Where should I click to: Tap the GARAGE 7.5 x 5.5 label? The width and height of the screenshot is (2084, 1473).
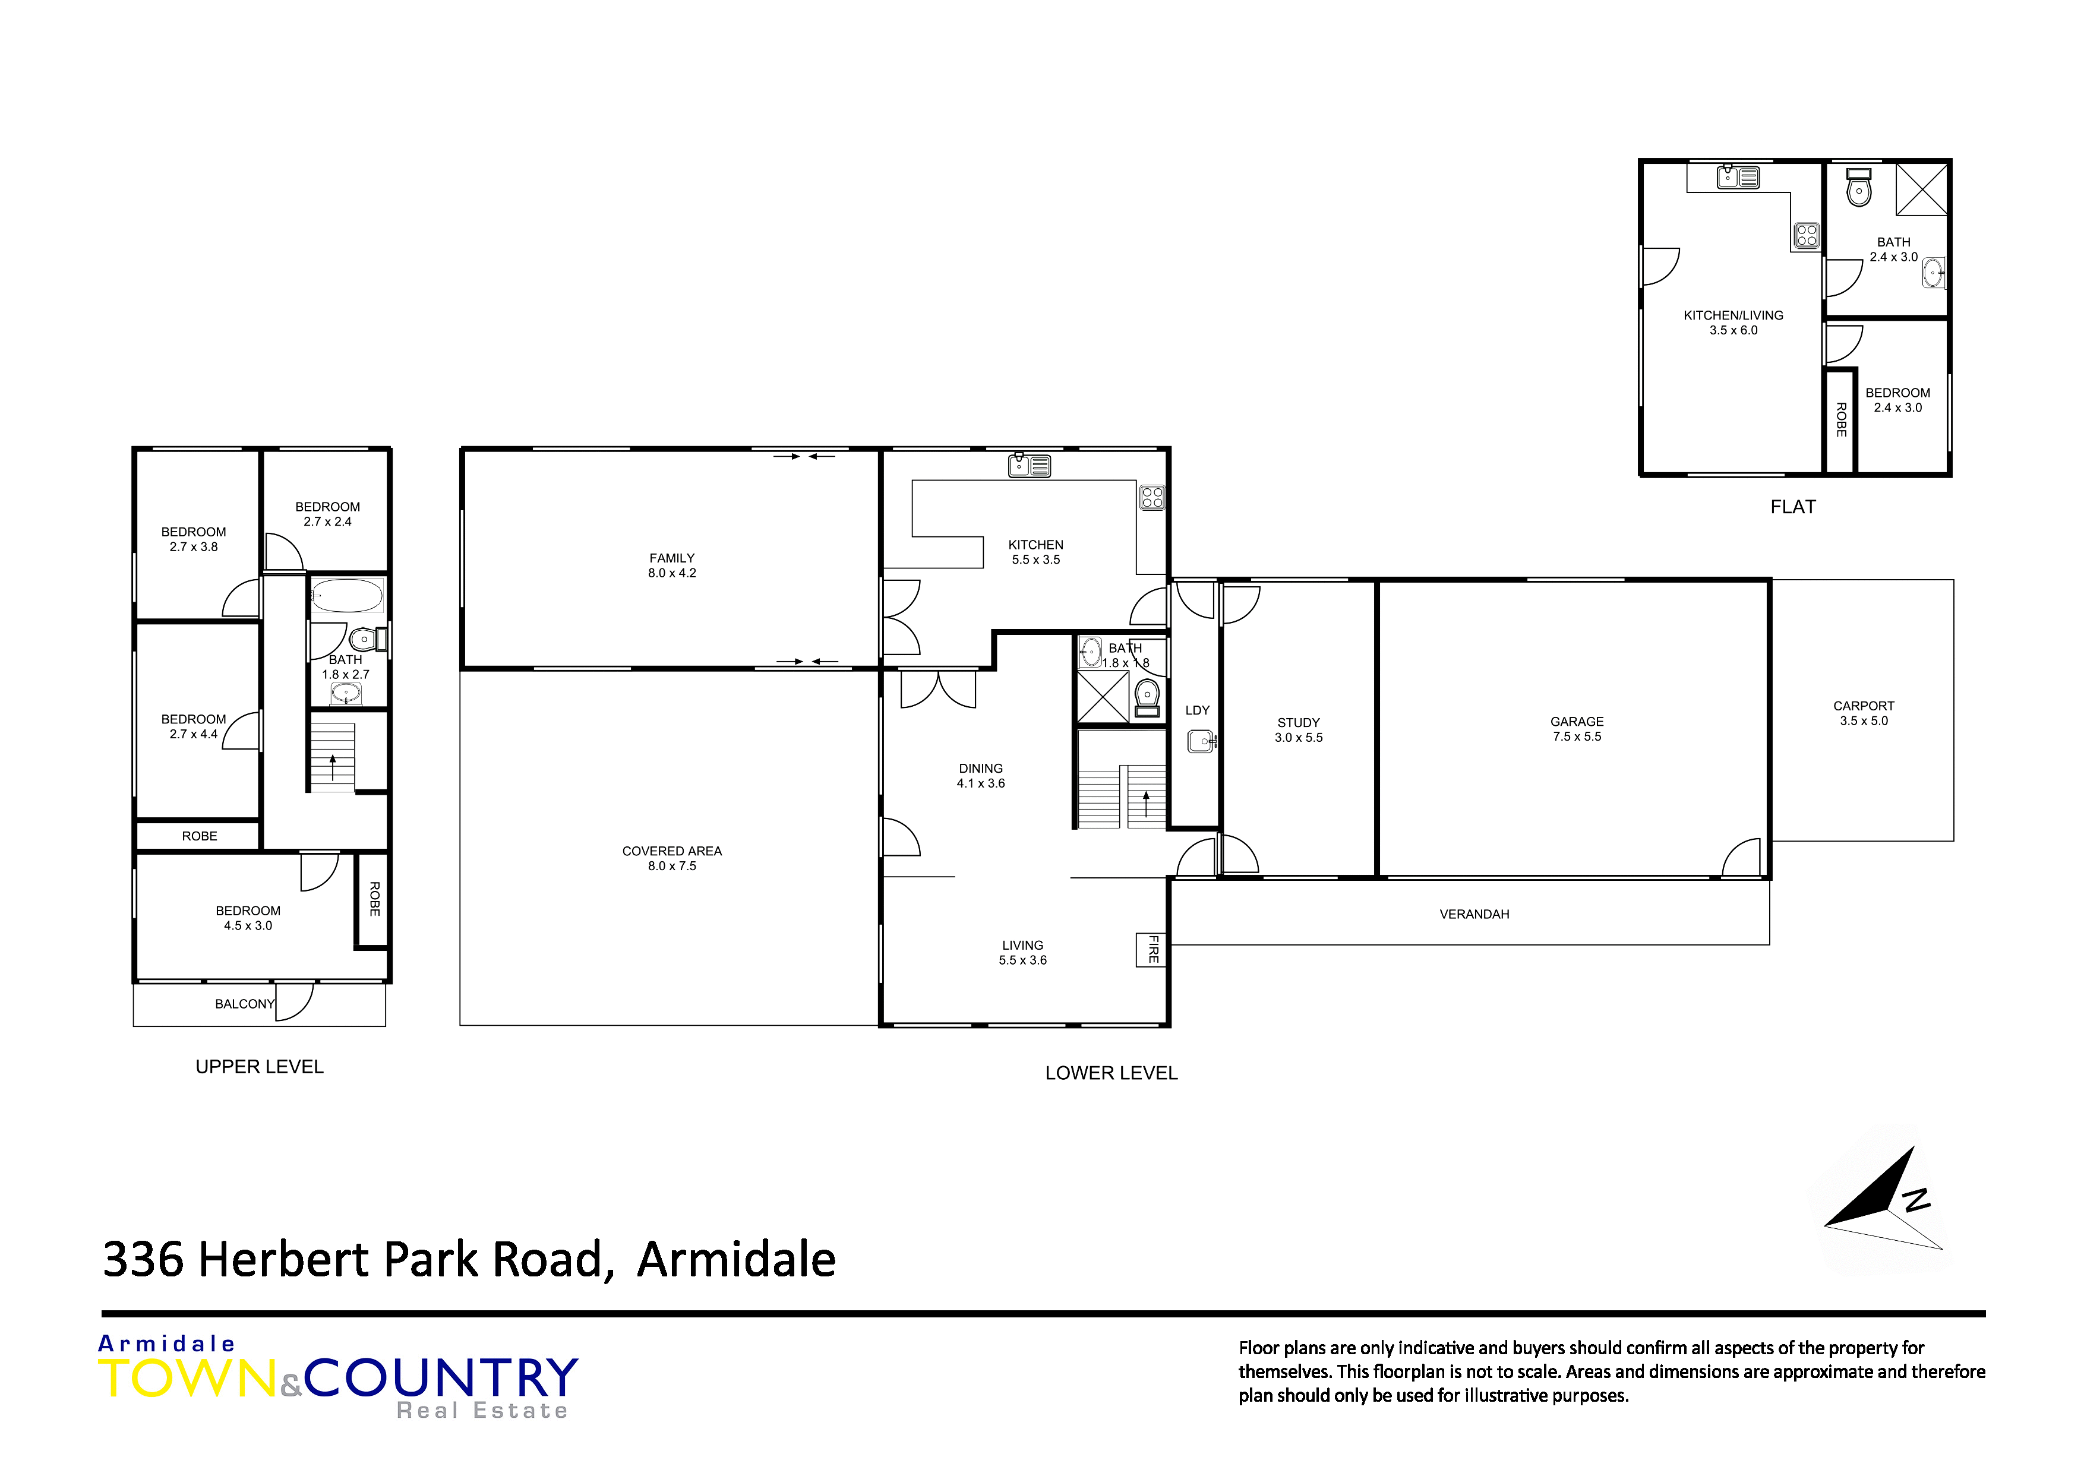[x=1577, y=729]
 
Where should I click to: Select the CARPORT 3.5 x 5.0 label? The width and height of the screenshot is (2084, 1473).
[x=1864, y=713]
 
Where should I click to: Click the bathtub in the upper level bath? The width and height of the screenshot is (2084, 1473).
[x=348, y=597]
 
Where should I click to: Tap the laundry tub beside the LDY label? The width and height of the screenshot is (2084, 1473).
[x=1201, y=741]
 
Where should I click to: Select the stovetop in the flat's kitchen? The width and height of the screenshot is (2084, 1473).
[x=1806, y=236]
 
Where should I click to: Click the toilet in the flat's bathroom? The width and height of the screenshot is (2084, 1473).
[x=1859, y=189]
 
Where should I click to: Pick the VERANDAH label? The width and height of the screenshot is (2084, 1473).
[x=1474, y=914]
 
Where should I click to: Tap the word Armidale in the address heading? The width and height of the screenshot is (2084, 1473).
[x=736, y=1260]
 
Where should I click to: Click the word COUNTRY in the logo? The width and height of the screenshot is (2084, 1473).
[x=441, y=1378]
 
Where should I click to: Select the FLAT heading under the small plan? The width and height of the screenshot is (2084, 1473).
[x=1793, y=507]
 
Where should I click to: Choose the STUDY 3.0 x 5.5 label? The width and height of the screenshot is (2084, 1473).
[x=1298, y=730]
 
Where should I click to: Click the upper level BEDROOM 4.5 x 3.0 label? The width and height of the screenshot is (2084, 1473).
[x=248, y=918]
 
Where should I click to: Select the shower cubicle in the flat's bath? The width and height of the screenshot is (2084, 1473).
[x=1921, y=189]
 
